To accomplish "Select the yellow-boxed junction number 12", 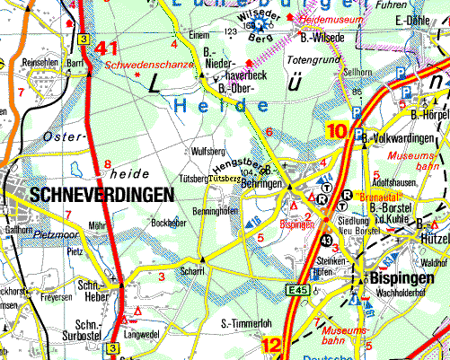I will click(272, 344).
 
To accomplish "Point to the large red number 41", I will click(109, 50).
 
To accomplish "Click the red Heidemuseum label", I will click(330, 18).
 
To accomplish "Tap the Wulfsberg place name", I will click(207, 152).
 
